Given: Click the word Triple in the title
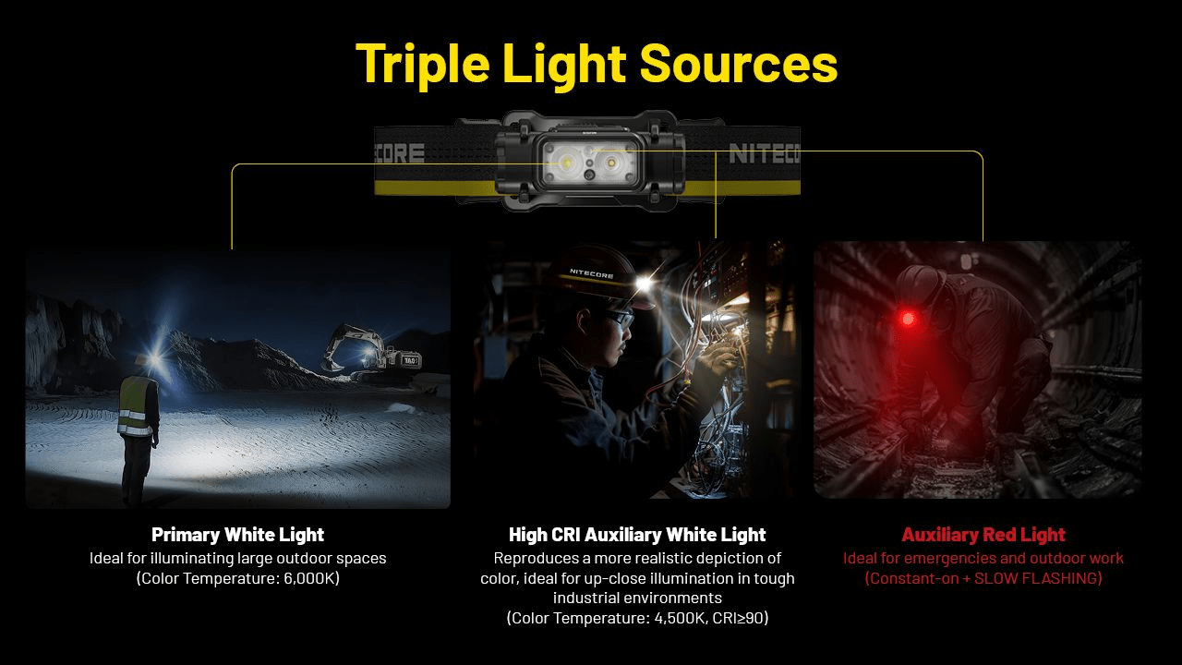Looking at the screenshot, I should click(421, 64).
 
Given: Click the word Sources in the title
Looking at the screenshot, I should click(738, 64).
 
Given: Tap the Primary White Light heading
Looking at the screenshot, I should click(237, 535).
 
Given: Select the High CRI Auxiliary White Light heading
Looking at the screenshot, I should click(637, 535).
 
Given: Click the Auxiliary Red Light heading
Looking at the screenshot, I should click(983, 535).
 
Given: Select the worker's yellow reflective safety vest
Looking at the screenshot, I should click(134, 406).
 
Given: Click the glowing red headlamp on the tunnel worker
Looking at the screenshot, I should click(910, 320).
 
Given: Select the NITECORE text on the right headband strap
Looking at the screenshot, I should click(763, 153).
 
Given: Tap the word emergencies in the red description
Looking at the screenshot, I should click(937, 558).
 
